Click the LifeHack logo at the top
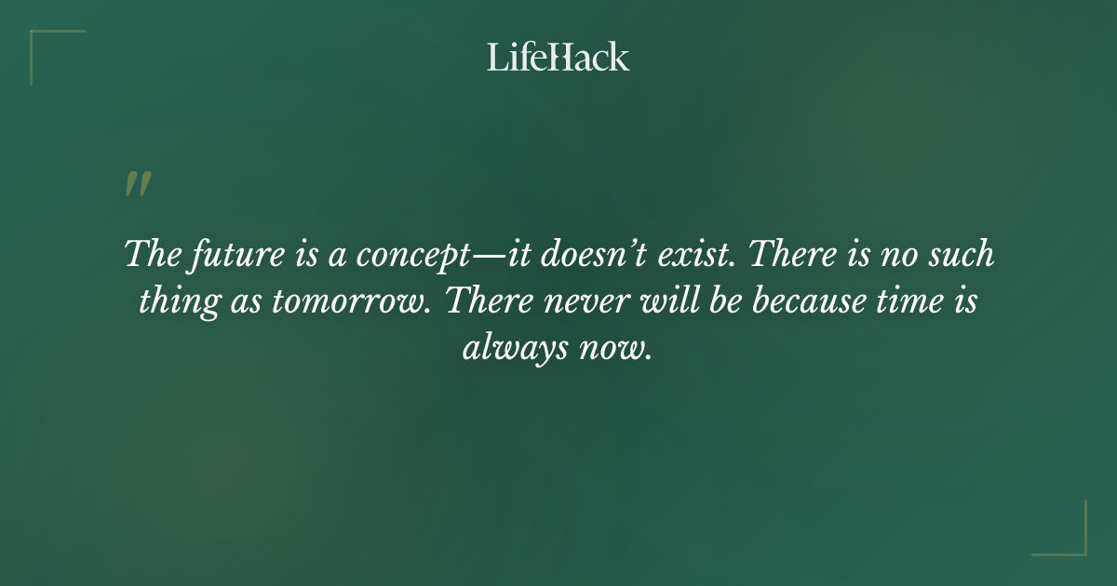tap(558, 57)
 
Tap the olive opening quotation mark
tap(137, 184)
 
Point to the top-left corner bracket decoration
tap(47, 45)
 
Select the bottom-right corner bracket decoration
tap(1070, 539)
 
